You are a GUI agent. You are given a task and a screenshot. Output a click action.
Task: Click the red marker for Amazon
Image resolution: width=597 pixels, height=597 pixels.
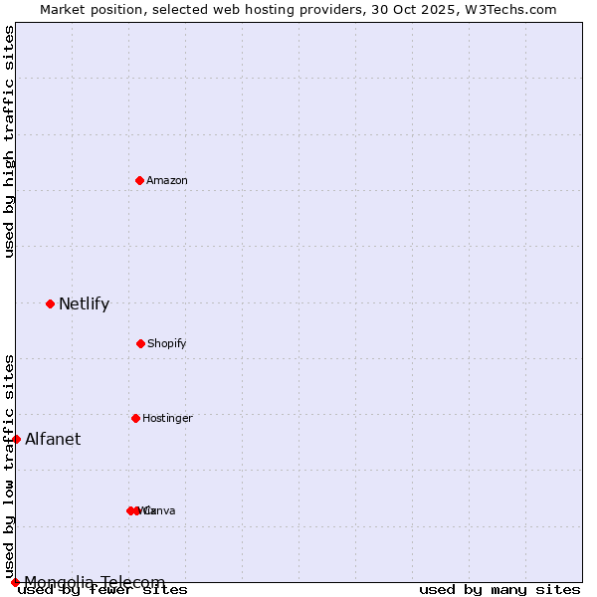click(139, 180)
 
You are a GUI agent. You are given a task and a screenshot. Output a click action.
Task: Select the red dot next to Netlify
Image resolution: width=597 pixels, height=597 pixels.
click(50, 303)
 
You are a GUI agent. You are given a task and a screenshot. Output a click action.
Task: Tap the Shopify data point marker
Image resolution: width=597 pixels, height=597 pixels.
click(140, 343)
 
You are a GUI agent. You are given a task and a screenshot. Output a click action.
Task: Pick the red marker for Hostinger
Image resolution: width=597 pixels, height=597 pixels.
click(135, 418)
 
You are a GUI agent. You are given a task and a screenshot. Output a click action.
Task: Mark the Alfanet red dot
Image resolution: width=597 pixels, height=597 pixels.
click(16, 439)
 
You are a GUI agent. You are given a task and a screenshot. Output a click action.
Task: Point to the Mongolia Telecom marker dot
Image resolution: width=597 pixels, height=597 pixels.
click(15, 582)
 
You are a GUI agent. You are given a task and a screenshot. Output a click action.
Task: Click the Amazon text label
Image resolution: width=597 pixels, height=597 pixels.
click(167, 180)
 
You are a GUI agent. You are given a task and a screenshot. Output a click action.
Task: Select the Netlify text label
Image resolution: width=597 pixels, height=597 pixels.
click(84, 304)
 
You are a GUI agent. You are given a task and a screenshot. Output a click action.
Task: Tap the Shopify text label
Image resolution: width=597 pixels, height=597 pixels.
click(167, 343)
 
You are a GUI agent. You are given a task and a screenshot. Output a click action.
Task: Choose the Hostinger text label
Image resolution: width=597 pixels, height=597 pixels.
click(167, 418)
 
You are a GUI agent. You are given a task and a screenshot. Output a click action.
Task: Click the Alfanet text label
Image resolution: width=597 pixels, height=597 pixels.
click(53, 439)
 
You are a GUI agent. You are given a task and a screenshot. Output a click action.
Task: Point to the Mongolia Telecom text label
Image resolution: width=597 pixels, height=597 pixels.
click(95, 582)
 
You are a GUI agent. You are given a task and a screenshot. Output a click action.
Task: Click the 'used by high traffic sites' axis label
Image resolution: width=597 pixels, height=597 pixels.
click(9, 141)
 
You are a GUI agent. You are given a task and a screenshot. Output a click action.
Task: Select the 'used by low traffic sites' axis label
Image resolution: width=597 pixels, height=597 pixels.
click(9, 466)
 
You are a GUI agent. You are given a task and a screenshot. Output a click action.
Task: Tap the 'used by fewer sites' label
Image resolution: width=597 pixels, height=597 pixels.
click(102, 590)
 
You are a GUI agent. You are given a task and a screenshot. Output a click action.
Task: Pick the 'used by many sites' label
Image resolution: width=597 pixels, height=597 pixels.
click(499, 590)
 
